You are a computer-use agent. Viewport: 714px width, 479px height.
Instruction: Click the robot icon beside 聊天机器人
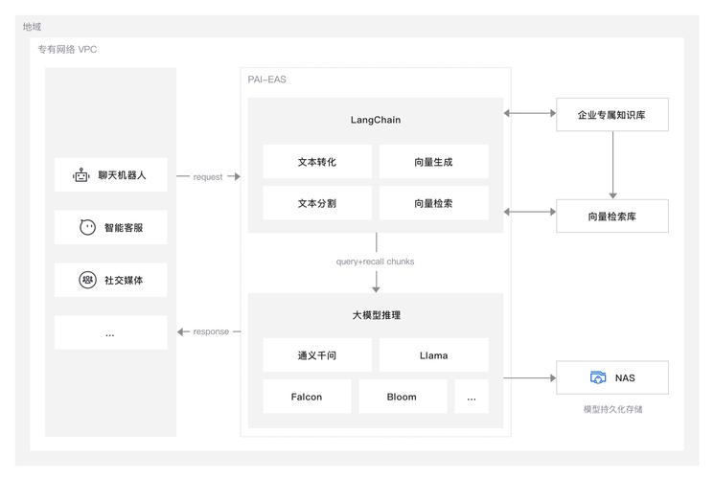81,175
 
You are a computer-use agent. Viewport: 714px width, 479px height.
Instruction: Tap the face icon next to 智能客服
87,228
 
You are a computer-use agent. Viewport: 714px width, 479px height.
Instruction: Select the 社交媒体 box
110,281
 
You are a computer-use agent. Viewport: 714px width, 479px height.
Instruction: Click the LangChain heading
376,121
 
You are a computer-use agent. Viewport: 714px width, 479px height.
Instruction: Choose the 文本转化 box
317,162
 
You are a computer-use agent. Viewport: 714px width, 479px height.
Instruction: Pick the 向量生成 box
433,162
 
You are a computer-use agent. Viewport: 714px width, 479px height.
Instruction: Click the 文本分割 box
317,203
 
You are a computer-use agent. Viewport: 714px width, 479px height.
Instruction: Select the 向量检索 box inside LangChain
433,203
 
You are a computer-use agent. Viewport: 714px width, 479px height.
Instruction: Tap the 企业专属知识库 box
611,114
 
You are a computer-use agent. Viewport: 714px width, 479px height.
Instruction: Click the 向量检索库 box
611,217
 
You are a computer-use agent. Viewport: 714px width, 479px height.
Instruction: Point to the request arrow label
208,177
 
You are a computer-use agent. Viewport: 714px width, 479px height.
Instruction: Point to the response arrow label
211,331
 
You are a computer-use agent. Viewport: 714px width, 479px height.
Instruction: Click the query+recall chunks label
376,261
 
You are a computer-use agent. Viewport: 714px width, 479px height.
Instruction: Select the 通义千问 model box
317,355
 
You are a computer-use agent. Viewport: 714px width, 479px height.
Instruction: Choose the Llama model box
433,355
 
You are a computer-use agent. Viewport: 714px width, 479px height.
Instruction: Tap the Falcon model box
307,397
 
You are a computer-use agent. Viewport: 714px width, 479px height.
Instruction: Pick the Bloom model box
403,397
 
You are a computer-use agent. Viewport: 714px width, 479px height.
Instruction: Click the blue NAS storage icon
598,377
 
